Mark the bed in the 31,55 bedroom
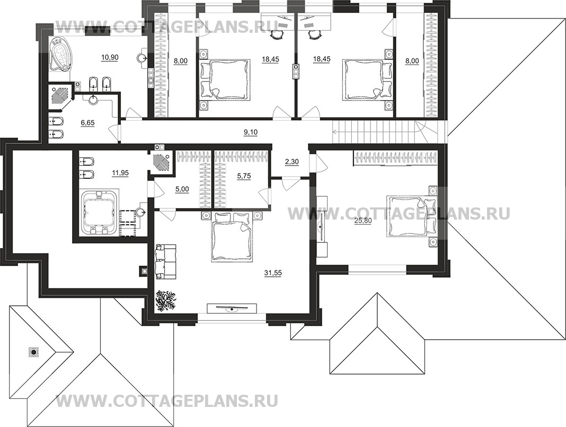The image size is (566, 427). click(x=231, y=237)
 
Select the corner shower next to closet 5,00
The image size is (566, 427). click(x=161, y=161)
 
